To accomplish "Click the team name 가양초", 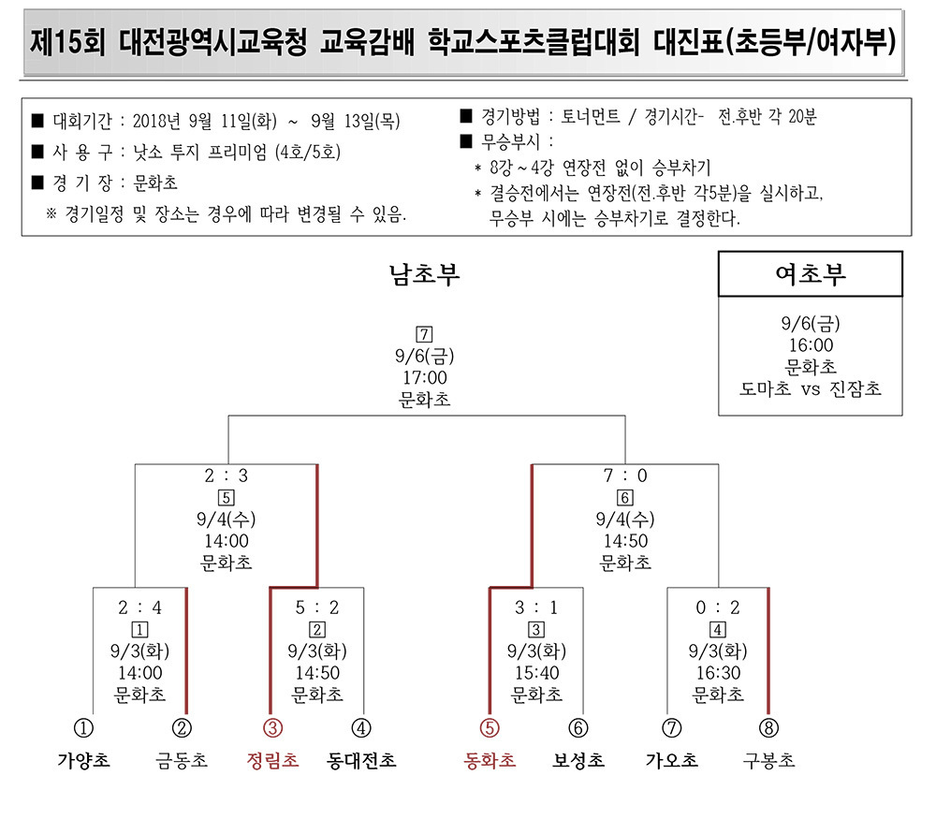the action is [x=83, y=760].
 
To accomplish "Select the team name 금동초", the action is [x=182, y=760].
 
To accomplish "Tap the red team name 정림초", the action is [x=272, y=760].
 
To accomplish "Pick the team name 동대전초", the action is [x=361, y=760].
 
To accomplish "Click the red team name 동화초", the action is [x=490, y=760].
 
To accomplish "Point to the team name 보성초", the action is [x=578, y=760].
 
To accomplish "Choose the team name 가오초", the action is [x=671, y=760].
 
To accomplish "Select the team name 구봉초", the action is [x=768, y=760].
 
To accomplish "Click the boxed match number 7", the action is [x=424, y=334].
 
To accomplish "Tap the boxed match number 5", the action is [x=227, y=497].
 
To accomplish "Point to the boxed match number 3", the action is [x=536, y=629].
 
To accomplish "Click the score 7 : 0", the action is [x=625, y=475].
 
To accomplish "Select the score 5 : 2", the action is [x=317, y=607].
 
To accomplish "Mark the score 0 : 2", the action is [x=718, y=607].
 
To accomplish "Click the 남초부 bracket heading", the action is [x=424, y=274].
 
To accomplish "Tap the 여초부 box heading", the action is [x=811, y=274].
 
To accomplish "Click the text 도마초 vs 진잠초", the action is [x=811, y=389].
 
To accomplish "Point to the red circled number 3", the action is [x=272, y=728].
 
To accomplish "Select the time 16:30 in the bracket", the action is [x=718, y=673].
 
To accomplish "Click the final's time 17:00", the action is [x=424, y=377].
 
